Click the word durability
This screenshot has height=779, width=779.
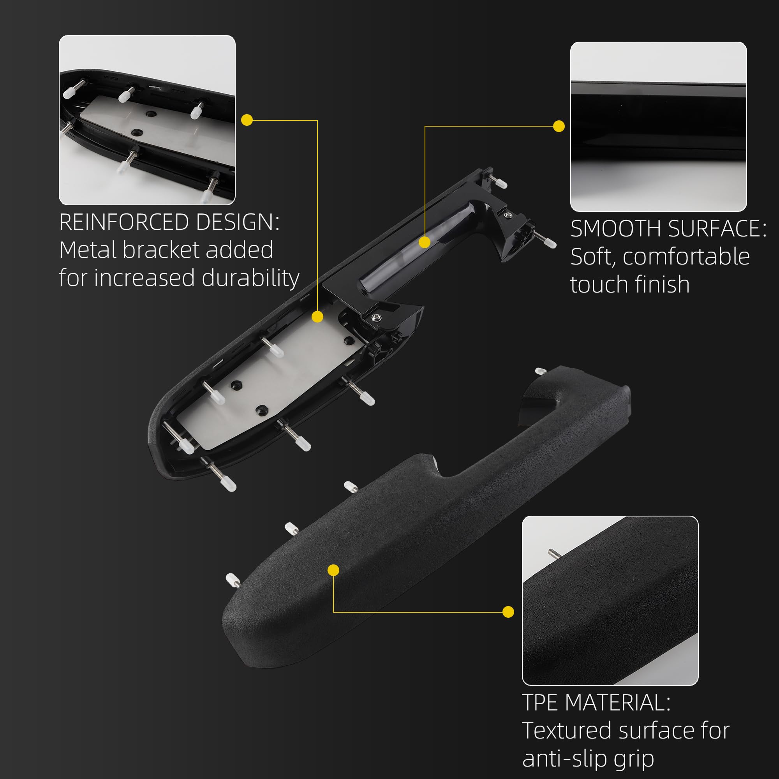click(250, 278)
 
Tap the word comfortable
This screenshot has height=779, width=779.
click(686, 256)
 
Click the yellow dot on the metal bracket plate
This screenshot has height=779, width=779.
click(318, 317)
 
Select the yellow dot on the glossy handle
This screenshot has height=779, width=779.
click(425, 242)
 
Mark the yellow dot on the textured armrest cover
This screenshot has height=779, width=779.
click(333, 570)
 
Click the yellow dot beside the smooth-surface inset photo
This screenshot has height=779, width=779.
click(559, 126)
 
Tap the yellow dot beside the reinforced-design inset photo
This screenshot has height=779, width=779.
click(247, 120)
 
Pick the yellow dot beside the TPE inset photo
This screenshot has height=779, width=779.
click(508, 612)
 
